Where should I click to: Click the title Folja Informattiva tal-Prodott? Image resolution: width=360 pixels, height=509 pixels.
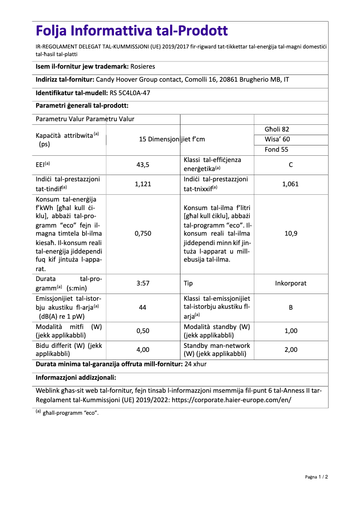(132, 31)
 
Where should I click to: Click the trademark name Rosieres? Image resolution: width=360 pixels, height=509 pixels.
(142, 66)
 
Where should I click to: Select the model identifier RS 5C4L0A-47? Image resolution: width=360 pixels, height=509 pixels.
(130, 93)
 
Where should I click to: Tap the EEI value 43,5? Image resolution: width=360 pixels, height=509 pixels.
(143, 165)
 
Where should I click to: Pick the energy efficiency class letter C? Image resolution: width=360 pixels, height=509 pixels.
(291, 165)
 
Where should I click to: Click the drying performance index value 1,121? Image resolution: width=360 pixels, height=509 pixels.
(143, 184)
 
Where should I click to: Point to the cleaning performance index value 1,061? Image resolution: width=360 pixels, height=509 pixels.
(290, 184)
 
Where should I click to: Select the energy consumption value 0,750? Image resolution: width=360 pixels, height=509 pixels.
(143, 233)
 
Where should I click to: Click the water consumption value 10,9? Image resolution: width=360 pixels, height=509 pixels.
(291, 233)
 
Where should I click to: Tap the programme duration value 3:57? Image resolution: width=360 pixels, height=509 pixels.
(143, 283)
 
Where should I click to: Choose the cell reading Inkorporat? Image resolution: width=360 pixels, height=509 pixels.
(291, 283)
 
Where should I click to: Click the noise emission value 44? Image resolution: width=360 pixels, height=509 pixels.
(143, 307)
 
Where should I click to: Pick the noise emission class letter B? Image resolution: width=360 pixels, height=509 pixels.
(291, 307)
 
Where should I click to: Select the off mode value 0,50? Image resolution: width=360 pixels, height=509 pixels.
(143, 331)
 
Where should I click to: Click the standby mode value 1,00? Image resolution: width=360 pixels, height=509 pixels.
(291, 331)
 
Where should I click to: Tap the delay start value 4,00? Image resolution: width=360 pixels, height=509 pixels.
(143, 350)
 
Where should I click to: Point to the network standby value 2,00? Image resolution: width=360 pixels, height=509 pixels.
(291, 350)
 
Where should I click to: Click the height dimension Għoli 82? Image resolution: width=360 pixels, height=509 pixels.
(277, 129)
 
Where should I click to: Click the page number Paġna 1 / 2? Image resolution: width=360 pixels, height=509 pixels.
(316, 477)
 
